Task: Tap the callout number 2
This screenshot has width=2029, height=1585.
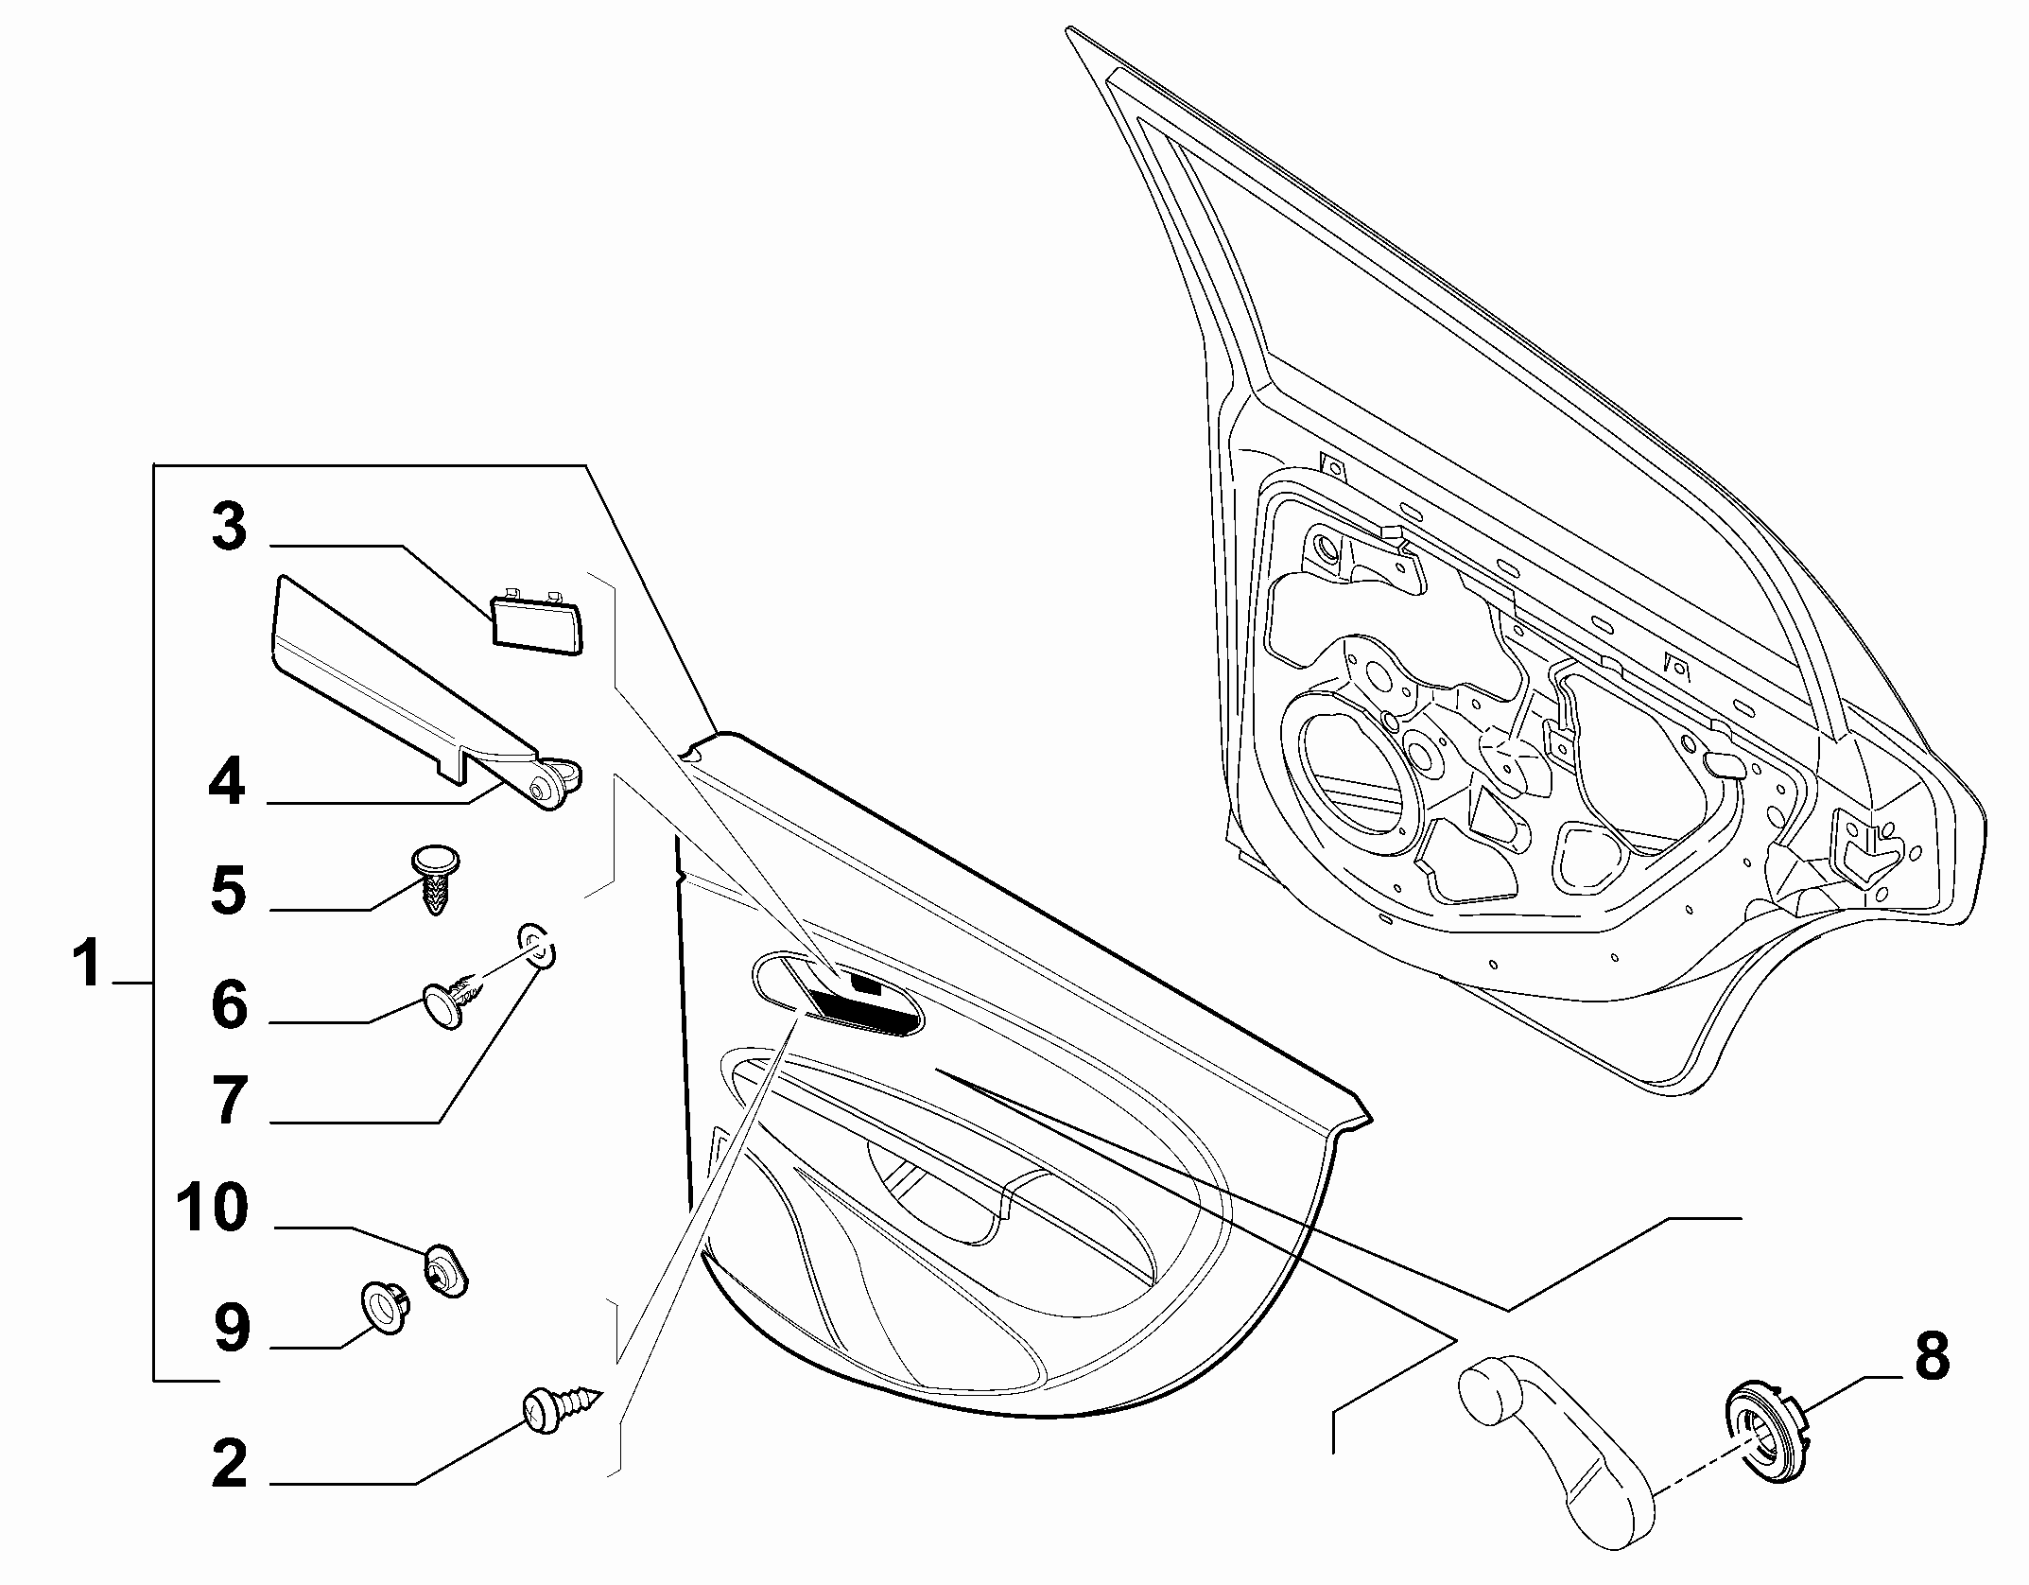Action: point(230,1464)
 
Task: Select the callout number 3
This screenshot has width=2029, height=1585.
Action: point(230,527)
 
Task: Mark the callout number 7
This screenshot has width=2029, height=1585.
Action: point(228,1100)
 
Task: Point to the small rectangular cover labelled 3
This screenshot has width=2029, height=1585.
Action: point(537,618)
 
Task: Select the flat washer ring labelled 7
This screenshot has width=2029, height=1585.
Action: point(535,948)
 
